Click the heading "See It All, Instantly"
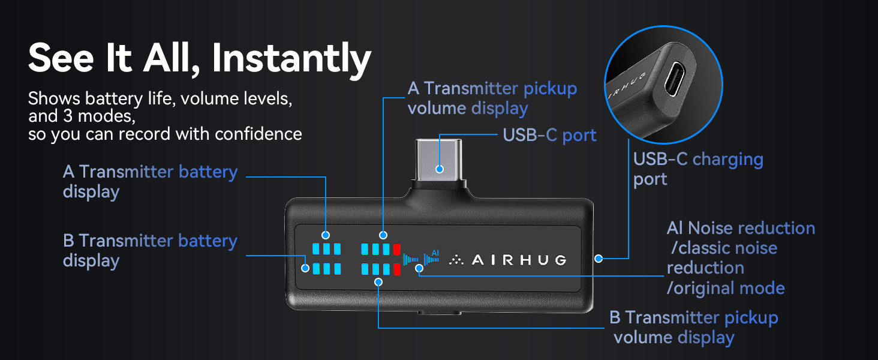pos(200,59)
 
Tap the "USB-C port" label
pos(549,135)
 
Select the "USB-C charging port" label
pos(698,169)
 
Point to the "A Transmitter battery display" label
pos(150,182)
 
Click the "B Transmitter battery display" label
pos(150,251)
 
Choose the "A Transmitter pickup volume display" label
pos(492,98)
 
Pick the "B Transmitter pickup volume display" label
pos(694,328)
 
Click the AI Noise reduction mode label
pos(741,258)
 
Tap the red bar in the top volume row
pos(396,249)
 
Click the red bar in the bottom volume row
pos(396,269)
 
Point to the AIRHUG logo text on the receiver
pos(508,260)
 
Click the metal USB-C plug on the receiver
pos(439,160)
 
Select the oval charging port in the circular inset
pos(675,79)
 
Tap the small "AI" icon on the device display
pos(435,253)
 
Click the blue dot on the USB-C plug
pos(440,169)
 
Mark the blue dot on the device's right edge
pos(599,259)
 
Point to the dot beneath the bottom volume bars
pos(378,282)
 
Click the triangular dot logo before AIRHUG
pos(456,260)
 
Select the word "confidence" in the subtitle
pos(258,134)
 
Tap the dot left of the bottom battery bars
pos(305,268)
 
